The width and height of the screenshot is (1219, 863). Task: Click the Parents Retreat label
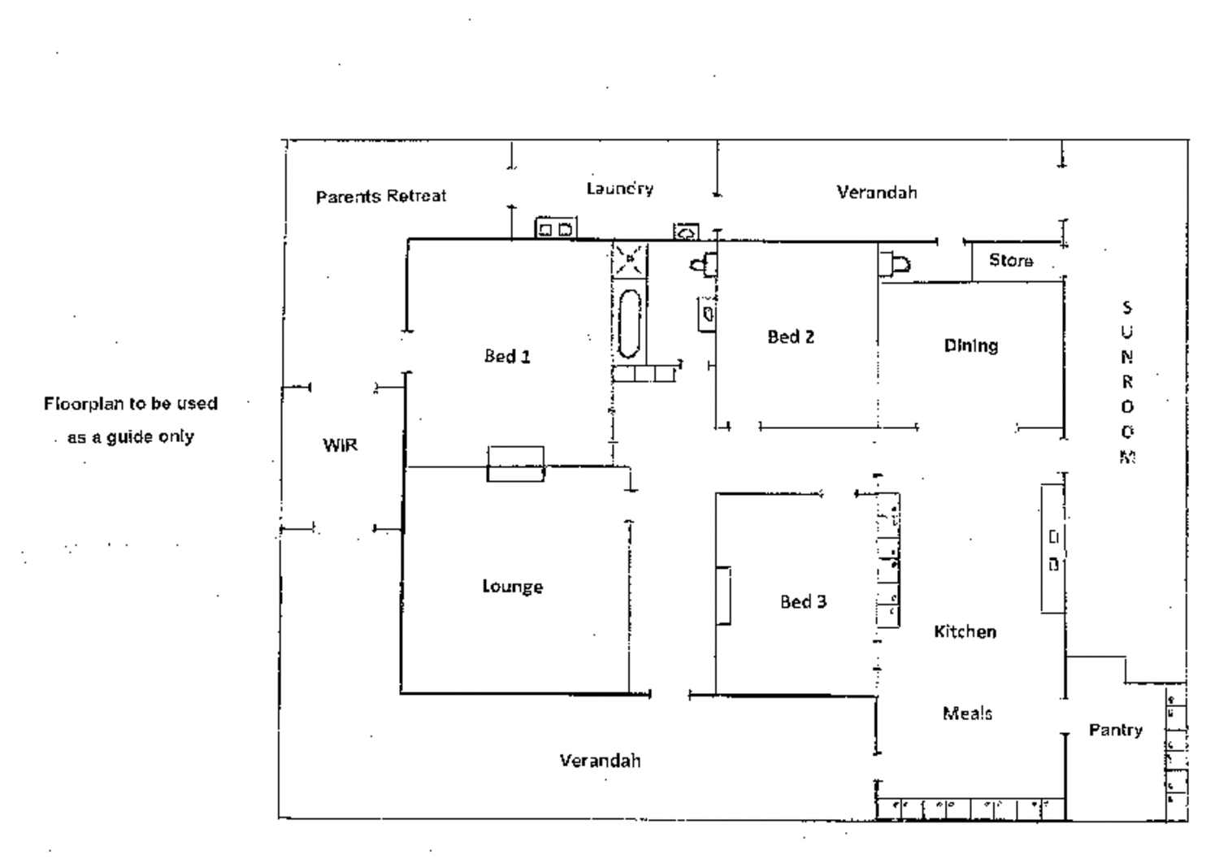[381, 196]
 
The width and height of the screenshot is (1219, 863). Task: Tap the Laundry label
[620, 189]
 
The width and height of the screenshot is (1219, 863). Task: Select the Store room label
[1011, 261]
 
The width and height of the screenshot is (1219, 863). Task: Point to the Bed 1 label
[507, 357]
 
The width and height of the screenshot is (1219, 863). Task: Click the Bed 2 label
[791, 336]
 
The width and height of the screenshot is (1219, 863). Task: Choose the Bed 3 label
[803, 601]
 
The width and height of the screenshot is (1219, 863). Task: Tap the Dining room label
[971, 346]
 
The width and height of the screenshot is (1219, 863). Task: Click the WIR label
[341, 445]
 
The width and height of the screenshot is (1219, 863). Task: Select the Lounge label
[513, 587]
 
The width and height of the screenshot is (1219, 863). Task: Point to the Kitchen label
[965, 631]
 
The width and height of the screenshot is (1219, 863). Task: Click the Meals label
[968, 713]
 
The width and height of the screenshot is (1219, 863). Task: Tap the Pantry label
[1116, 731]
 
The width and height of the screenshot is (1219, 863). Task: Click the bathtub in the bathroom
[629, 323]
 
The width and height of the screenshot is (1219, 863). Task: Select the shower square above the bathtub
[629, 260]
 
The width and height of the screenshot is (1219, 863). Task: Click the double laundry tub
[556, 228]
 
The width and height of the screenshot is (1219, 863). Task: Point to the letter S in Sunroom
[1127, 308]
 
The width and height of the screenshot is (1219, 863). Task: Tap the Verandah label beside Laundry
[877, 192]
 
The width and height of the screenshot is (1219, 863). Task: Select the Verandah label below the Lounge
[601, 760]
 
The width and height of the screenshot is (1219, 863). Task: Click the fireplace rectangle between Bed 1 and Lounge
[515, 464]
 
